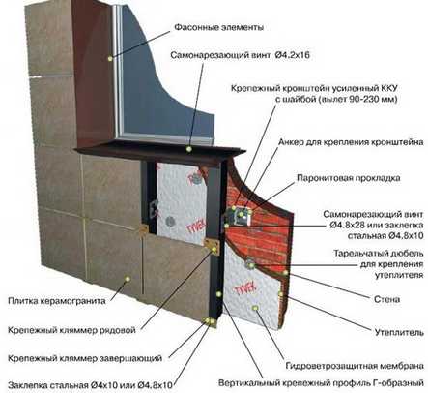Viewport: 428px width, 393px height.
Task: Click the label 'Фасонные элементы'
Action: [219, 27]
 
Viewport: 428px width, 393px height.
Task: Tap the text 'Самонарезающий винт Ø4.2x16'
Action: [240, 55]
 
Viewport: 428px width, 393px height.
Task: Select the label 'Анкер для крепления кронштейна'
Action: [351, 142]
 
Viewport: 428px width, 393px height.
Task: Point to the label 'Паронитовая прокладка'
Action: [349, 178]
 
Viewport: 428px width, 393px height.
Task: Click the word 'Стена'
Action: [387, 299]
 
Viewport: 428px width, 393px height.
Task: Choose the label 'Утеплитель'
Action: [399, 332]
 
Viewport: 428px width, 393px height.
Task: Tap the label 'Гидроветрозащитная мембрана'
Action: [355, 366]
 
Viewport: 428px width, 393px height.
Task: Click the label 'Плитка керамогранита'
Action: [57, 301]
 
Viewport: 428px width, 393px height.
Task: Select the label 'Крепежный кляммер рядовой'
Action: [71, 330]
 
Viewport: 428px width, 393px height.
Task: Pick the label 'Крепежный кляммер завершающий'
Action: [85, 358]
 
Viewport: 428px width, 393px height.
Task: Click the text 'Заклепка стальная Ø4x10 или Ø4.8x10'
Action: [90, 385]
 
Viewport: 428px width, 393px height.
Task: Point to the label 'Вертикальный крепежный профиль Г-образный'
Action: [321, 383]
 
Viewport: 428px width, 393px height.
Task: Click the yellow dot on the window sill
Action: [189, 149]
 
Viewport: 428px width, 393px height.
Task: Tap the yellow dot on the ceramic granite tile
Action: [128, 279]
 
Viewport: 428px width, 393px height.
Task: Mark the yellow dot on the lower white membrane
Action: [256, 308]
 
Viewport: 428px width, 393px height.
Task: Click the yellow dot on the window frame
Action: [110, 59]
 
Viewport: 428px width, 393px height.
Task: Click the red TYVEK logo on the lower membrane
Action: [245, 289]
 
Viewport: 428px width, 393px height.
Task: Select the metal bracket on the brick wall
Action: [239, 216]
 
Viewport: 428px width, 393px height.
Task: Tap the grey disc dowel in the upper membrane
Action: [170, 221]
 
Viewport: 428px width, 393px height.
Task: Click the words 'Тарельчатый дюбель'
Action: [379, 254]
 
